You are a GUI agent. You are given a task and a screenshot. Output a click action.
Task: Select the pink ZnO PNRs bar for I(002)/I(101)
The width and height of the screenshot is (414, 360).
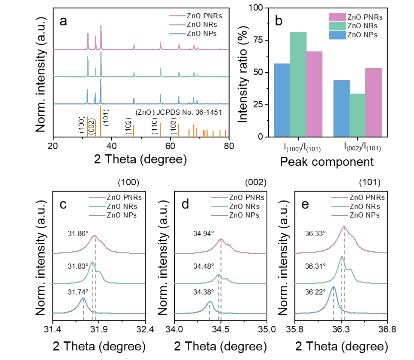click(374, 102)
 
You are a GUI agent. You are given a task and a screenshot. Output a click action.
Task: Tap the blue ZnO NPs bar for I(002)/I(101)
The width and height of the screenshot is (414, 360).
click(341, 108)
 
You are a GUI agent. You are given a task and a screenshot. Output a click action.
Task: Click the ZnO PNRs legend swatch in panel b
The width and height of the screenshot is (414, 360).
click(337, 17)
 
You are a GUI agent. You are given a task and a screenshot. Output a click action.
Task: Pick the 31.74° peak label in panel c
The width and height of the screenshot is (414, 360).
click(78, 292)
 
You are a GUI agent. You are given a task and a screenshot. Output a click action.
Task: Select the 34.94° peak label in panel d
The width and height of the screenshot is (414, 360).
click(203, 234)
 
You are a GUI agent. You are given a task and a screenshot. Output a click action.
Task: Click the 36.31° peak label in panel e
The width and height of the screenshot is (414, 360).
click(315, 266)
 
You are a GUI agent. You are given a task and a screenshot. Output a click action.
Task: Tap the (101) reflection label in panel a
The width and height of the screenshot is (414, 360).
click(106, 118)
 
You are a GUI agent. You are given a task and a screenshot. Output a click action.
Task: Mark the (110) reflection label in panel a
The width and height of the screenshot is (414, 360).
click(154, 126)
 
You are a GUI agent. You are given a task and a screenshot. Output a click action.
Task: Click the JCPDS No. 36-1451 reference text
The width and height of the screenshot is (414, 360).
click(178, 112)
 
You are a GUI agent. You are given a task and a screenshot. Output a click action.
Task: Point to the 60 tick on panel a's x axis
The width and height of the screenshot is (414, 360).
click(170, 146)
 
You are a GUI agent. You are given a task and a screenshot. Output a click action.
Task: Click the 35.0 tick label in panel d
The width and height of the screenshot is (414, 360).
click(267, 329)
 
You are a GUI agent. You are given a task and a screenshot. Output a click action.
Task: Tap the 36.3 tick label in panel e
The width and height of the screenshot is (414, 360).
click(341, 329)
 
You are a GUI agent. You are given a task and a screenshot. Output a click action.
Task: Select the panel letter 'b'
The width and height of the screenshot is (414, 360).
click(279, 21)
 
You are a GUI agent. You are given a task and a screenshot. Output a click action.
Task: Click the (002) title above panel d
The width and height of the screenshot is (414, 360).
click(256, 182)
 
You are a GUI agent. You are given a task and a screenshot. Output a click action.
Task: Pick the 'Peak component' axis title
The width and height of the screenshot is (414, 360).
click(326, 162)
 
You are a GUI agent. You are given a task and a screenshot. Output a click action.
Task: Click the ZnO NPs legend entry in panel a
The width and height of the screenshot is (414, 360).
click(201, 33)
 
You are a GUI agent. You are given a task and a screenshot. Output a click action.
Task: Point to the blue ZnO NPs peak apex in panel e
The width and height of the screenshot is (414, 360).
click(333, 286)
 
